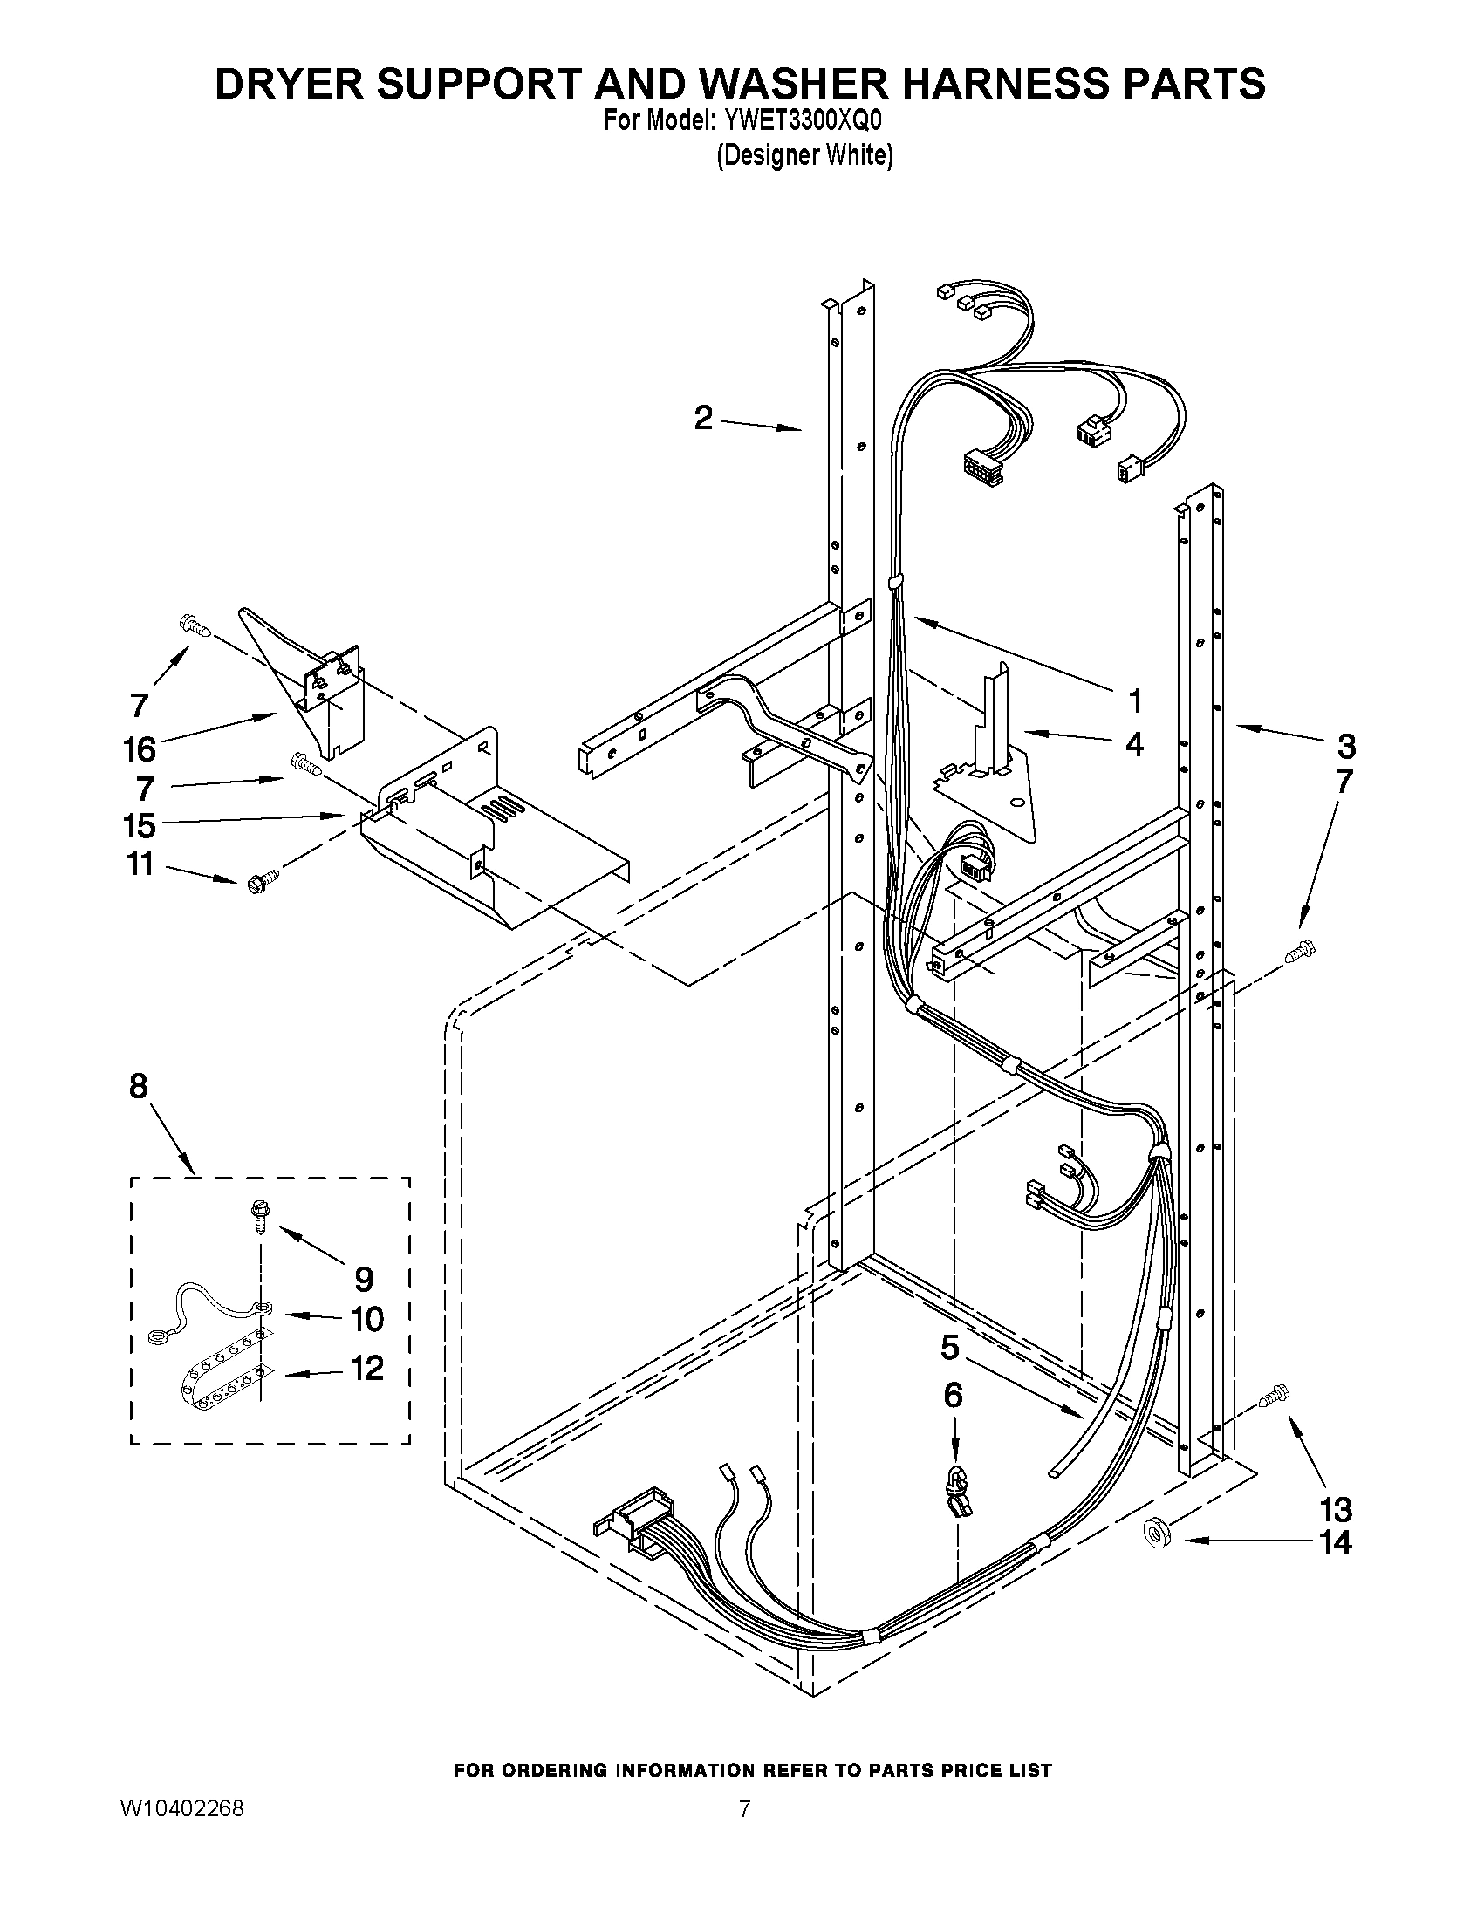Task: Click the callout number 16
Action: point(140,749)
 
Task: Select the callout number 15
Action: point(140,825)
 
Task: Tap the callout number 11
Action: point(140,864)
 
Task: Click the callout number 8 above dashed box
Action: point(139,1087)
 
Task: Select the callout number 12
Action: point(367,1368)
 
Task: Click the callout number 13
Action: point(1336,1510)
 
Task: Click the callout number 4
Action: point(1135,745)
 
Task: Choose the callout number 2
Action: point(703,417)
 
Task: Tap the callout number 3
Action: point(1346,747)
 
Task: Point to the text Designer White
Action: point(804,155)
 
